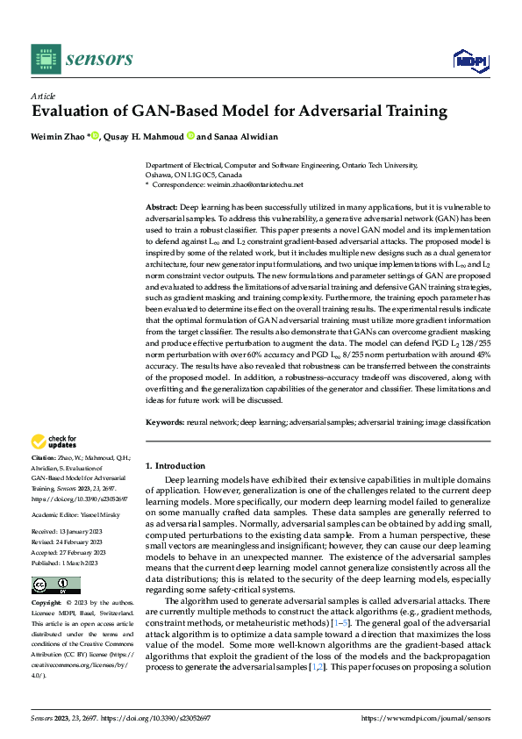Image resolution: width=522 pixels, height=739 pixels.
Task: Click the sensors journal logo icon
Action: point(46,59)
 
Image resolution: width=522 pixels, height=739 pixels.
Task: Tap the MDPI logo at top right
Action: point(469,60)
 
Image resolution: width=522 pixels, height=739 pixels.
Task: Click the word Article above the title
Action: point(43,96)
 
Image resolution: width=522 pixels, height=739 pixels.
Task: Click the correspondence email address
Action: point(261,184)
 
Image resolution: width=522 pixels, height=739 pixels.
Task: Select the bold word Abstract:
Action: point(161,204)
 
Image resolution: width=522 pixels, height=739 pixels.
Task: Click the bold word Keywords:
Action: point(164,423)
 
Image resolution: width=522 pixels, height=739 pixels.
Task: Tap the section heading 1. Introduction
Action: point(175,466)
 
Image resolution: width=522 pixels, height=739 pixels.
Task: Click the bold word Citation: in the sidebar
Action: point(44,458)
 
